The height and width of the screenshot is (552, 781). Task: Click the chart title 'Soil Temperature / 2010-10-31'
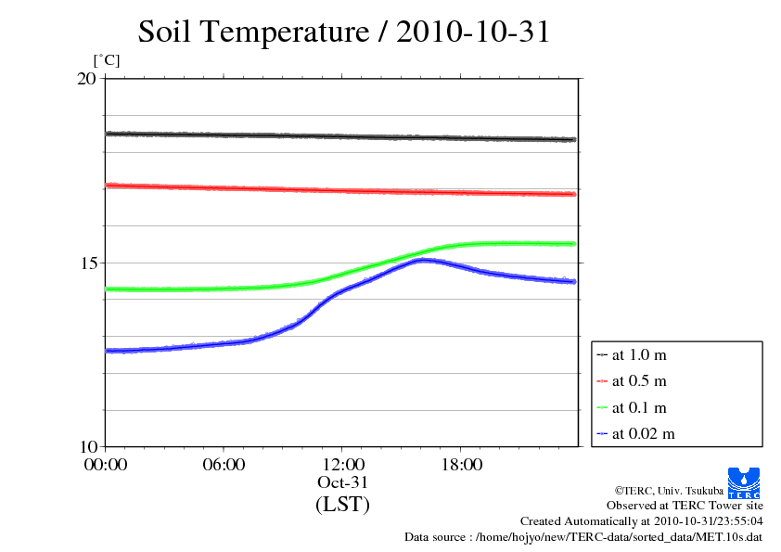[344, 32]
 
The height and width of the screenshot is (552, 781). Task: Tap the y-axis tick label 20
[86, 79]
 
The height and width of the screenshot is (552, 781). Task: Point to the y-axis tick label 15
[86, 263]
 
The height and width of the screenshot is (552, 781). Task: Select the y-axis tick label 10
[86, 446]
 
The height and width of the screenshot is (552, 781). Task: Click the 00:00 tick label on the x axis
[106, 465]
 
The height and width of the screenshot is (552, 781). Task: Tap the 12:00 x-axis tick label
[343, 465]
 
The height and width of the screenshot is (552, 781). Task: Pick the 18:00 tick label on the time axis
[462, 465]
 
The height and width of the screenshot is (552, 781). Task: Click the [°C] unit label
[107, 61]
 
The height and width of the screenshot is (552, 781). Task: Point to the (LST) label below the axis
[343, 505]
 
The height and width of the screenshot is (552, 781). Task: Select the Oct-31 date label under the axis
[343, 482]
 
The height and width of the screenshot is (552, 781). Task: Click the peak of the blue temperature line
[423, 261]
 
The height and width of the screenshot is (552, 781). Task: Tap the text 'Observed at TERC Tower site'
[685, 506]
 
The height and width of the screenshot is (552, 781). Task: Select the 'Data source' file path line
[583, 537]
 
